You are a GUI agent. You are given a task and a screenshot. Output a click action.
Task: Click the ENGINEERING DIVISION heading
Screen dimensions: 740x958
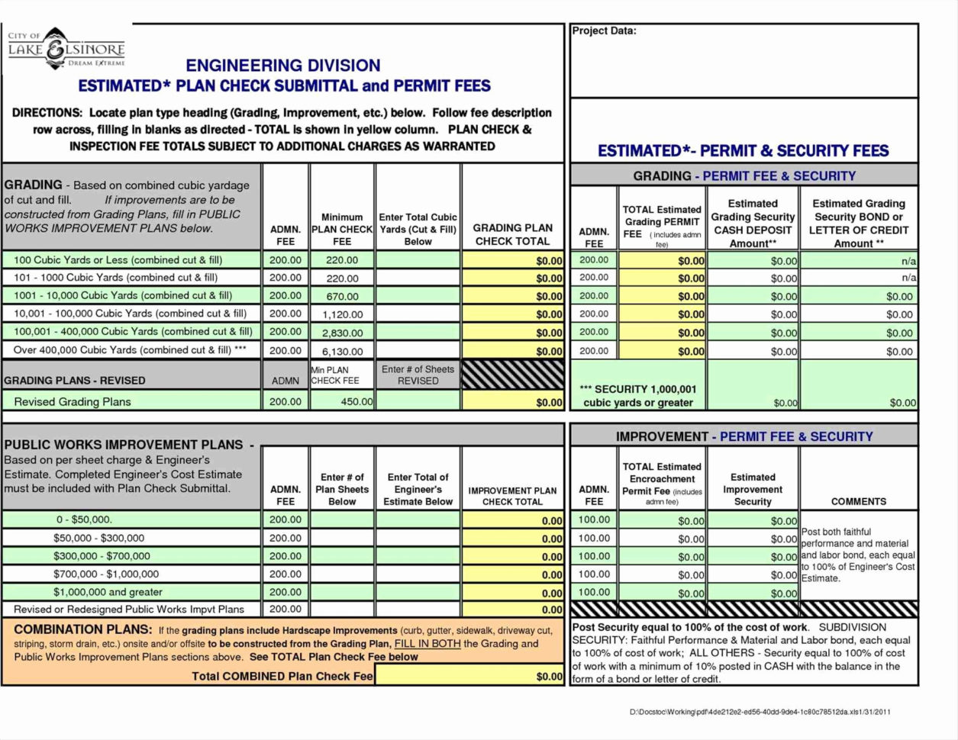(283, 66)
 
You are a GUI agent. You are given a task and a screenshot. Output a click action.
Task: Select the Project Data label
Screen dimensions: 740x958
(604, 31)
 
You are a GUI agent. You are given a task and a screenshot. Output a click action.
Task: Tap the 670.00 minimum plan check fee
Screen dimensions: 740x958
(342, 296)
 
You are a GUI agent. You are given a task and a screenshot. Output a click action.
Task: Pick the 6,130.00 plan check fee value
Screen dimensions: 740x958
(342, 352)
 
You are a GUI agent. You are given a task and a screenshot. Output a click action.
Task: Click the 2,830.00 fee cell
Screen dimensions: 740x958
(342, 333)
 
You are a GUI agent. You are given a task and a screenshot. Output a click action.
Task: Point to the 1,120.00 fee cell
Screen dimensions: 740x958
(342, 314)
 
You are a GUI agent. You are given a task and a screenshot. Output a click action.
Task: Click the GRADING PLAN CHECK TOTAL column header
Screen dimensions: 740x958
(512, 234)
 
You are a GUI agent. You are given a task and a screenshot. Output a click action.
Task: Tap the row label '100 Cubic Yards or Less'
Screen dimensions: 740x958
(118, 260)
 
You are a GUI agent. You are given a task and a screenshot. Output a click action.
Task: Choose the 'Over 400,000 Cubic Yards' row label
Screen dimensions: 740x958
(130, 350)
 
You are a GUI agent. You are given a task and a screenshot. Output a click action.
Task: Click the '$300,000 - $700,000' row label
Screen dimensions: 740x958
(102, 556)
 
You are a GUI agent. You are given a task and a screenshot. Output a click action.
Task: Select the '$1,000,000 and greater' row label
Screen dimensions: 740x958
(108, 592)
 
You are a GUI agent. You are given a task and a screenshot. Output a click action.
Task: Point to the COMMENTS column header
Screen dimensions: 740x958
(859, 501)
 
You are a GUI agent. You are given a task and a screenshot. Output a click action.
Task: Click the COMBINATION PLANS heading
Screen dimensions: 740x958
(83, 629)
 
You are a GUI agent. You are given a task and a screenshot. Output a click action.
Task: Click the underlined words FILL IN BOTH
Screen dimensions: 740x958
(427, 643)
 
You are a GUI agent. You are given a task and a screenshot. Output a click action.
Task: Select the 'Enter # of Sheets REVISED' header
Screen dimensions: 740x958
(418, 375)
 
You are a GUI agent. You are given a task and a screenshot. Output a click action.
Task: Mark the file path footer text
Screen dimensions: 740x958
(760, 713)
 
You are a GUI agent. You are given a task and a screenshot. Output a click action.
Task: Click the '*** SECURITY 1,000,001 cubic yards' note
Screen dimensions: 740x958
(638, 395)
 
